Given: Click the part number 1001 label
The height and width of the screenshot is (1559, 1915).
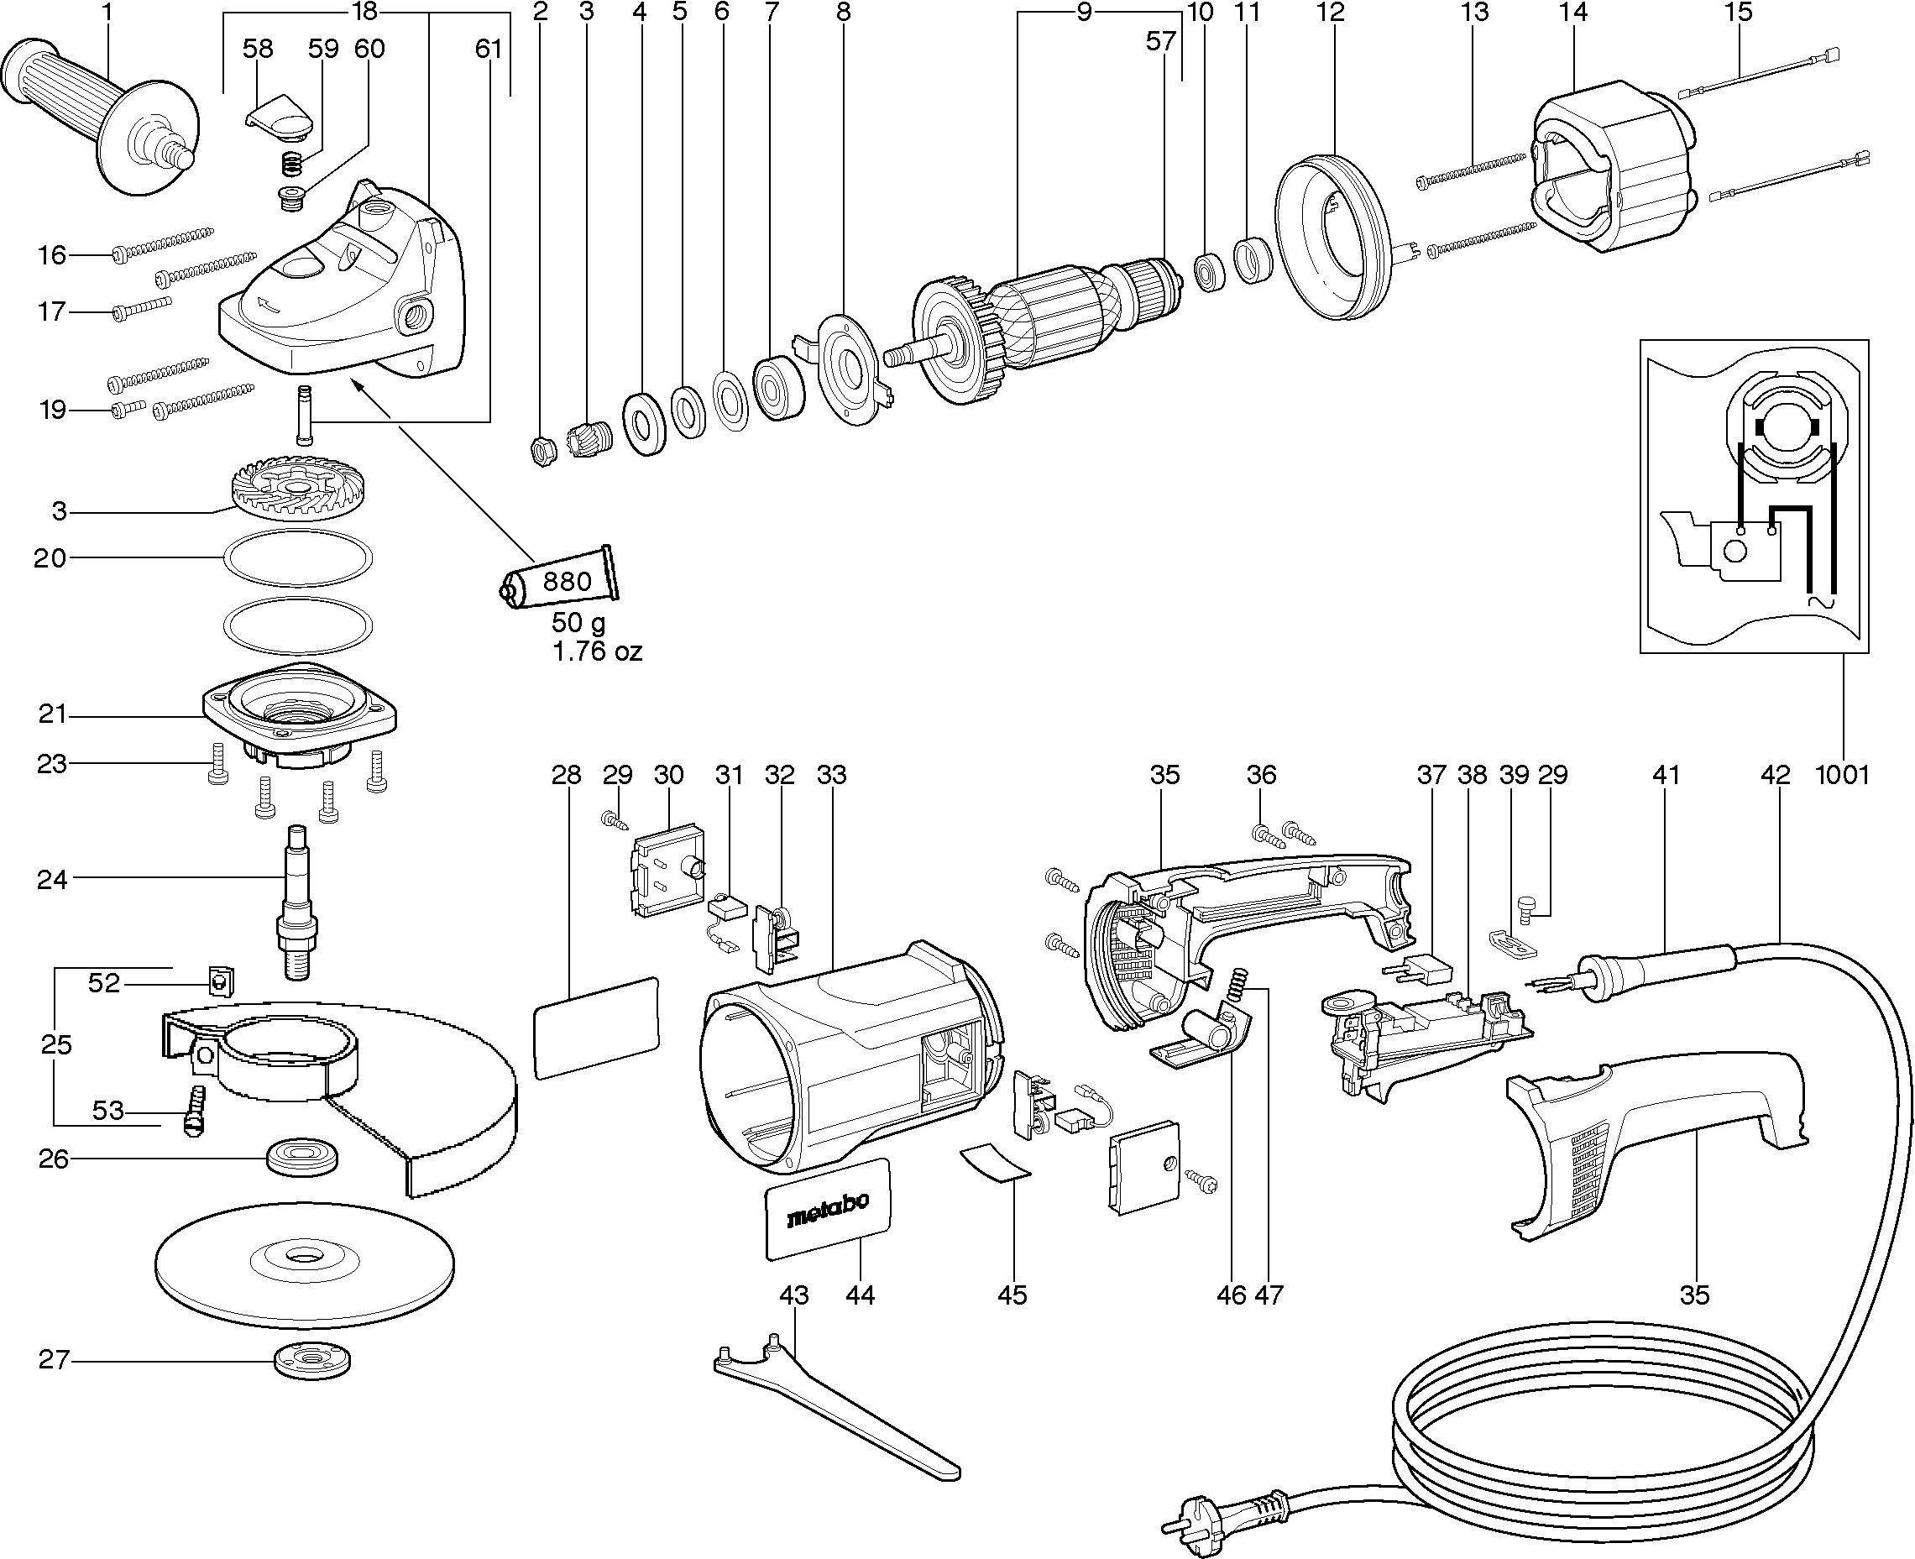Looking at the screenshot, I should click(1842, 774).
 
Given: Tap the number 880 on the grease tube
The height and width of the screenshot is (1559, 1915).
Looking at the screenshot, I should click(567, 581).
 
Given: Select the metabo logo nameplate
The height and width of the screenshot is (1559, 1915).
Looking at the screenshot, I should click(828, 1209).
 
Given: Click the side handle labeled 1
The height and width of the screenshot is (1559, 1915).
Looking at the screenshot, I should click(99, 112).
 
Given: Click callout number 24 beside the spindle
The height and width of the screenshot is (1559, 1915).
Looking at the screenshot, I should click(52, 879).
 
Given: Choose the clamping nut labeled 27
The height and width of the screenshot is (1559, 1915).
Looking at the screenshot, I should click(311, 1361).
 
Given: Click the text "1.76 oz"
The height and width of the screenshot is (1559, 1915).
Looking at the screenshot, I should click(597, 651).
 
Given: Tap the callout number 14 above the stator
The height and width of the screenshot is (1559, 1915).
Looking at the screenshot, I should click(1572, 13).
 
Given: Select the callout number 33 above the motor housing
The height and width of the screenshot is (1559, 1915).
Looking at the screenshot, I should click(832, 774).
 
